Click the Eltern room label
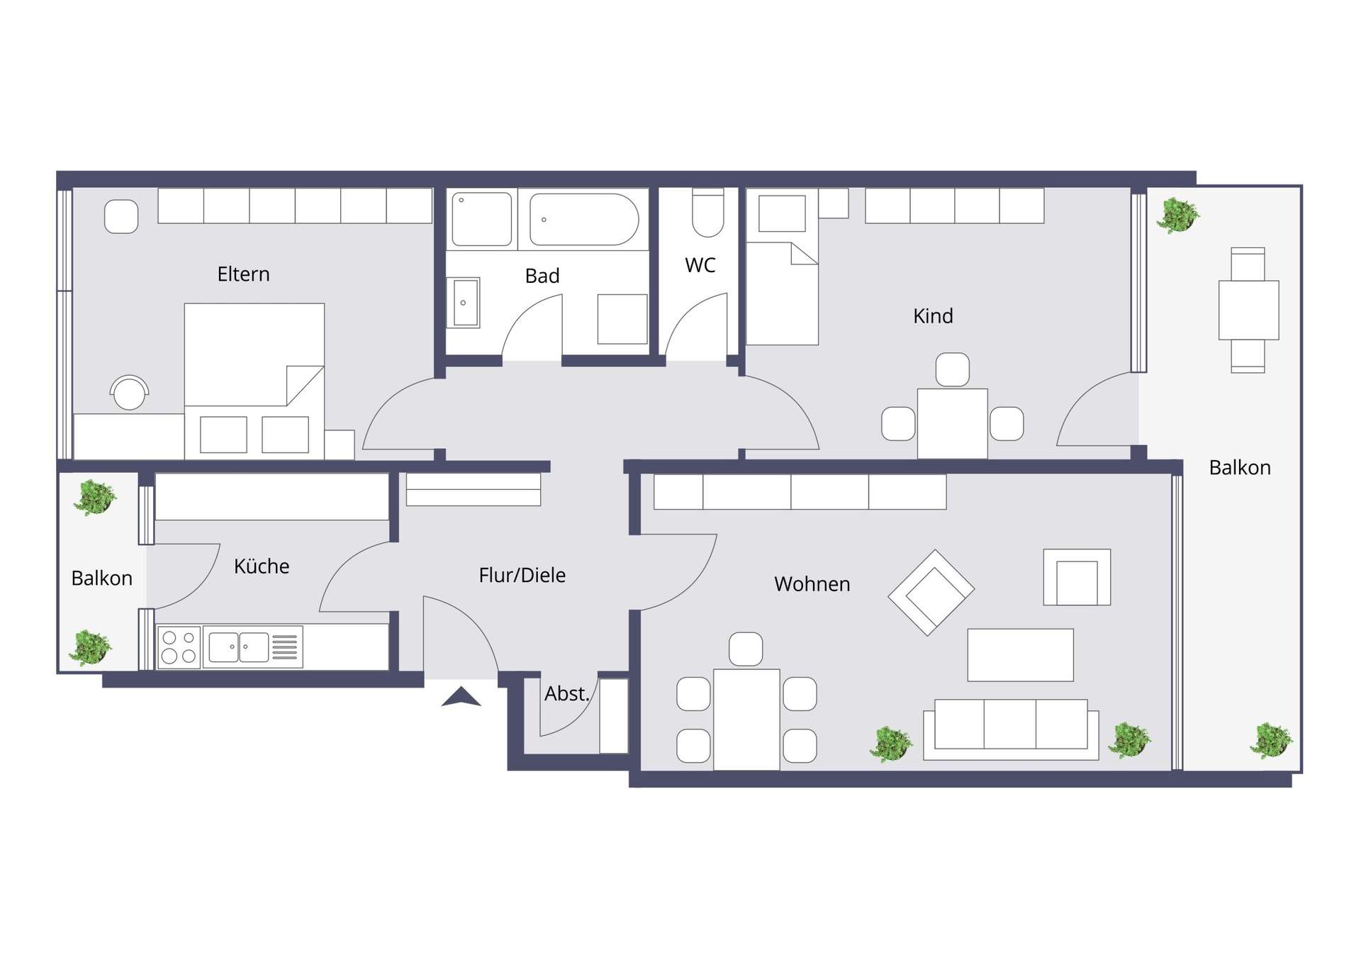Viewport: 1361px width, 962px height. pos(243,274)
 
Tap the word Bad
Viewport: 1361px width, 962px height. pos(542,276)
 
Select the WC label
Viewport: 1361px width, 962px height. pos(700,265)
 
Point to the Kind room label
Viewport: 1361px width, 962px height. pos(933,316)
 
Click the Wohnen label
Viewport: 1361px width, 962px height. pos(812,584)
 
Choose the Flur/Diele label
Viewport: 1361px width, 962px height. pos(522,575)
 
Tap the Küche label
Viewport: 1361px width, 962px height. pos(262,566)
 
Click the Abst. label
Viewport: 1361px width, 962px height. pos(567,693)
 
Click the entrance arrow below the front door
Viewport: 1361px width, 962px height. pos(461,697)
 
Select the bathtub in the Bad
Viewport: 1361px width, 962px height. pos(584,220)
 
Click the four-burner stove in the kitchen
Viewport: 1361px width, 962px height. pos(179,647)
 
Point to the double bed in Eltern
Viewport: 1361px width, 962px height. pos(254,381)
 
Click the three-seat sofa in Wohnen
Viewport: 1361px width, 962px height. pos(1011,729)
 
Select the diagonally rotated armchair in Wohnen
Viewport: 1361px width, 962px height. pos(931,593)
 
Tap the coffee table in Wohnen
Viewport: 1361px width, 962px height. pos(1021,655)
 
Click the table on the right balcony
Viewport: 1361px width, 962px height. pos(1249,310)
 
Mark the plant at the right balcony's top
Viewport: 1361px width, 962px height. pos(1177,216)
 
